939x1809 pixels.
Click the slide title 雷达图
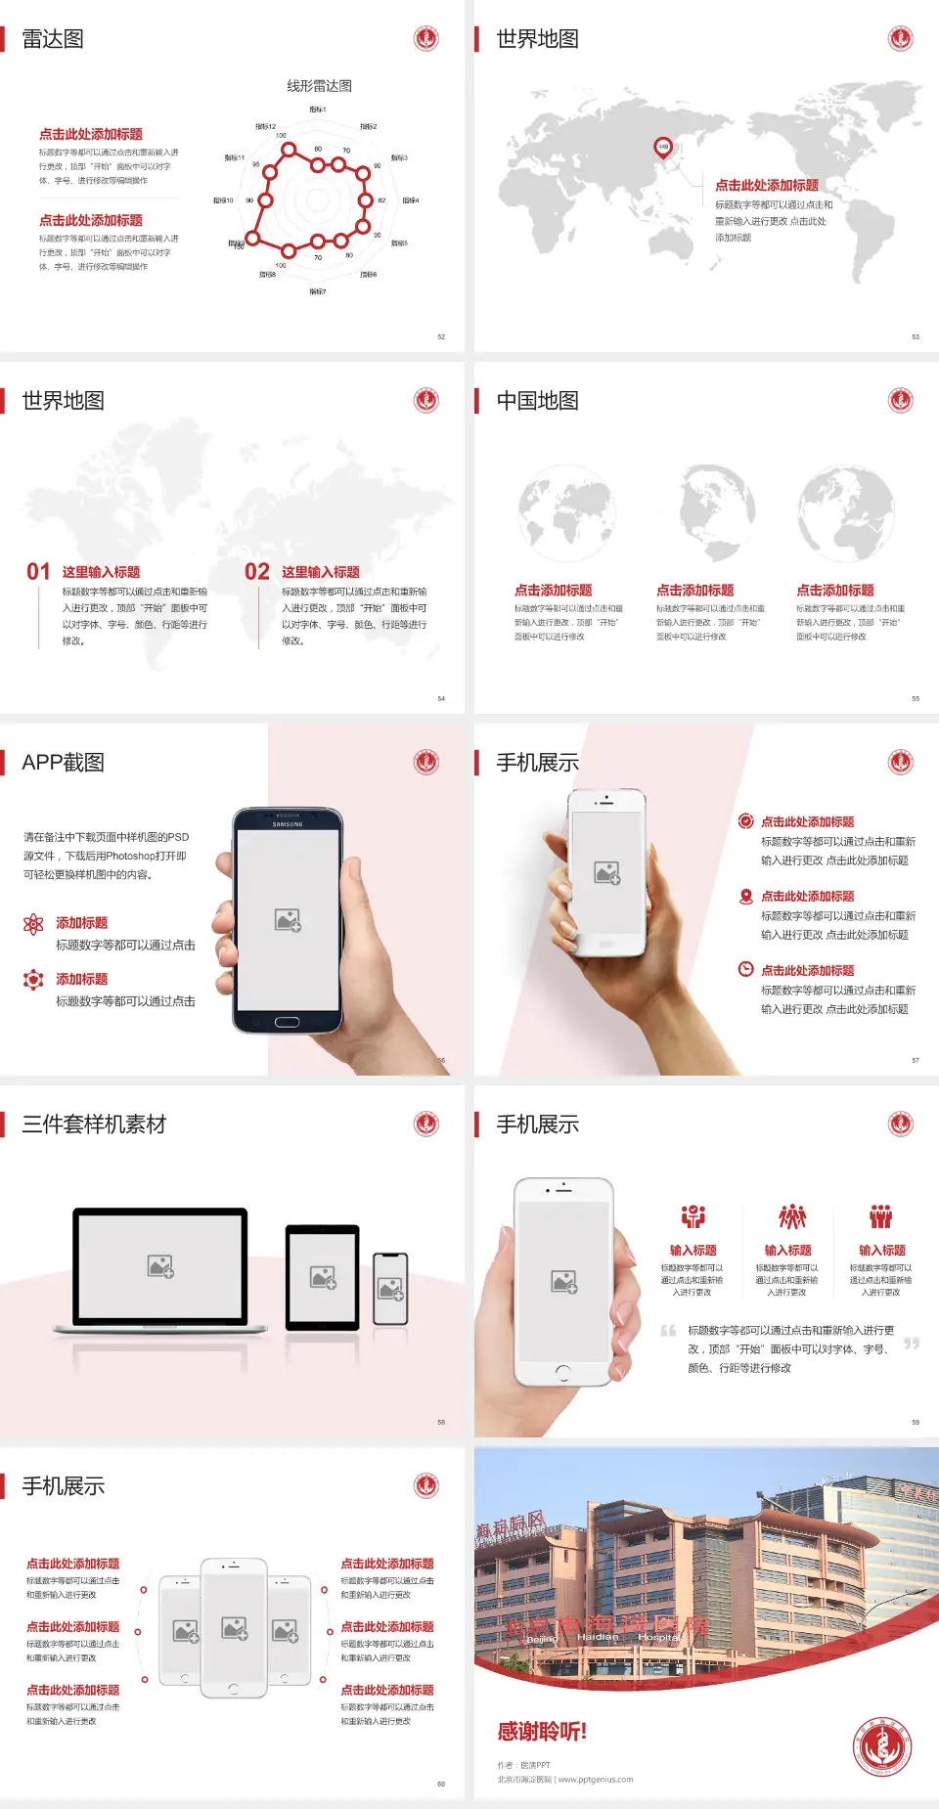53,39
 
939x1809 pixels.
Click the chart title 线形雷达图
319,86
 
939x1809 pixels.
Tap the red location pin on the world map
662,148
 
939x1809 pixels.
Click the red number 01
38,572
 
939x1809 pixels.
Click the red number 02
257,572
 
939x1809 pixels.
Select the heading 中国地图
537,401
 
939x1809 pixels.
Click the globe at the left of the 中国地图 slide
566,512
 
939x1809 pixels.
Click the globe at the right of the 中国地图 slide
845,512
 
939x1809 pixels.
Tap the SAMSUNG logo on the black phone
287,824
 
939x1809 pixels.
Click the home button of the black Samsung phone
287,1022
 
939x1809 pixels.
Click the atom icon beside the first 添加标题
33,924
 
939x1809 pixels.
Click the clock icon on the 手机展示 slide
745,969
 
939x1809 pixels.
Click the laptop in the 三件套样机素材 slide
160,1269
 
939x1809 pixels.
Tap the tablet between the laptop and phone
323,1276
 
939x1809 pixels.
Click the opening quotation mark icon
668,1331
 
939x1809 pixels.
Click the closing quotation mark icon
911,1344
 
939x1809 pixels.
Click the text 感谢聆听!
542,1732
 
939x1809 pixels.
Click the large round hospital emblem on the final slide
881,1745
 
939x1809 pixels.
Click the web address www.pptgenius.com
596,1780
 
